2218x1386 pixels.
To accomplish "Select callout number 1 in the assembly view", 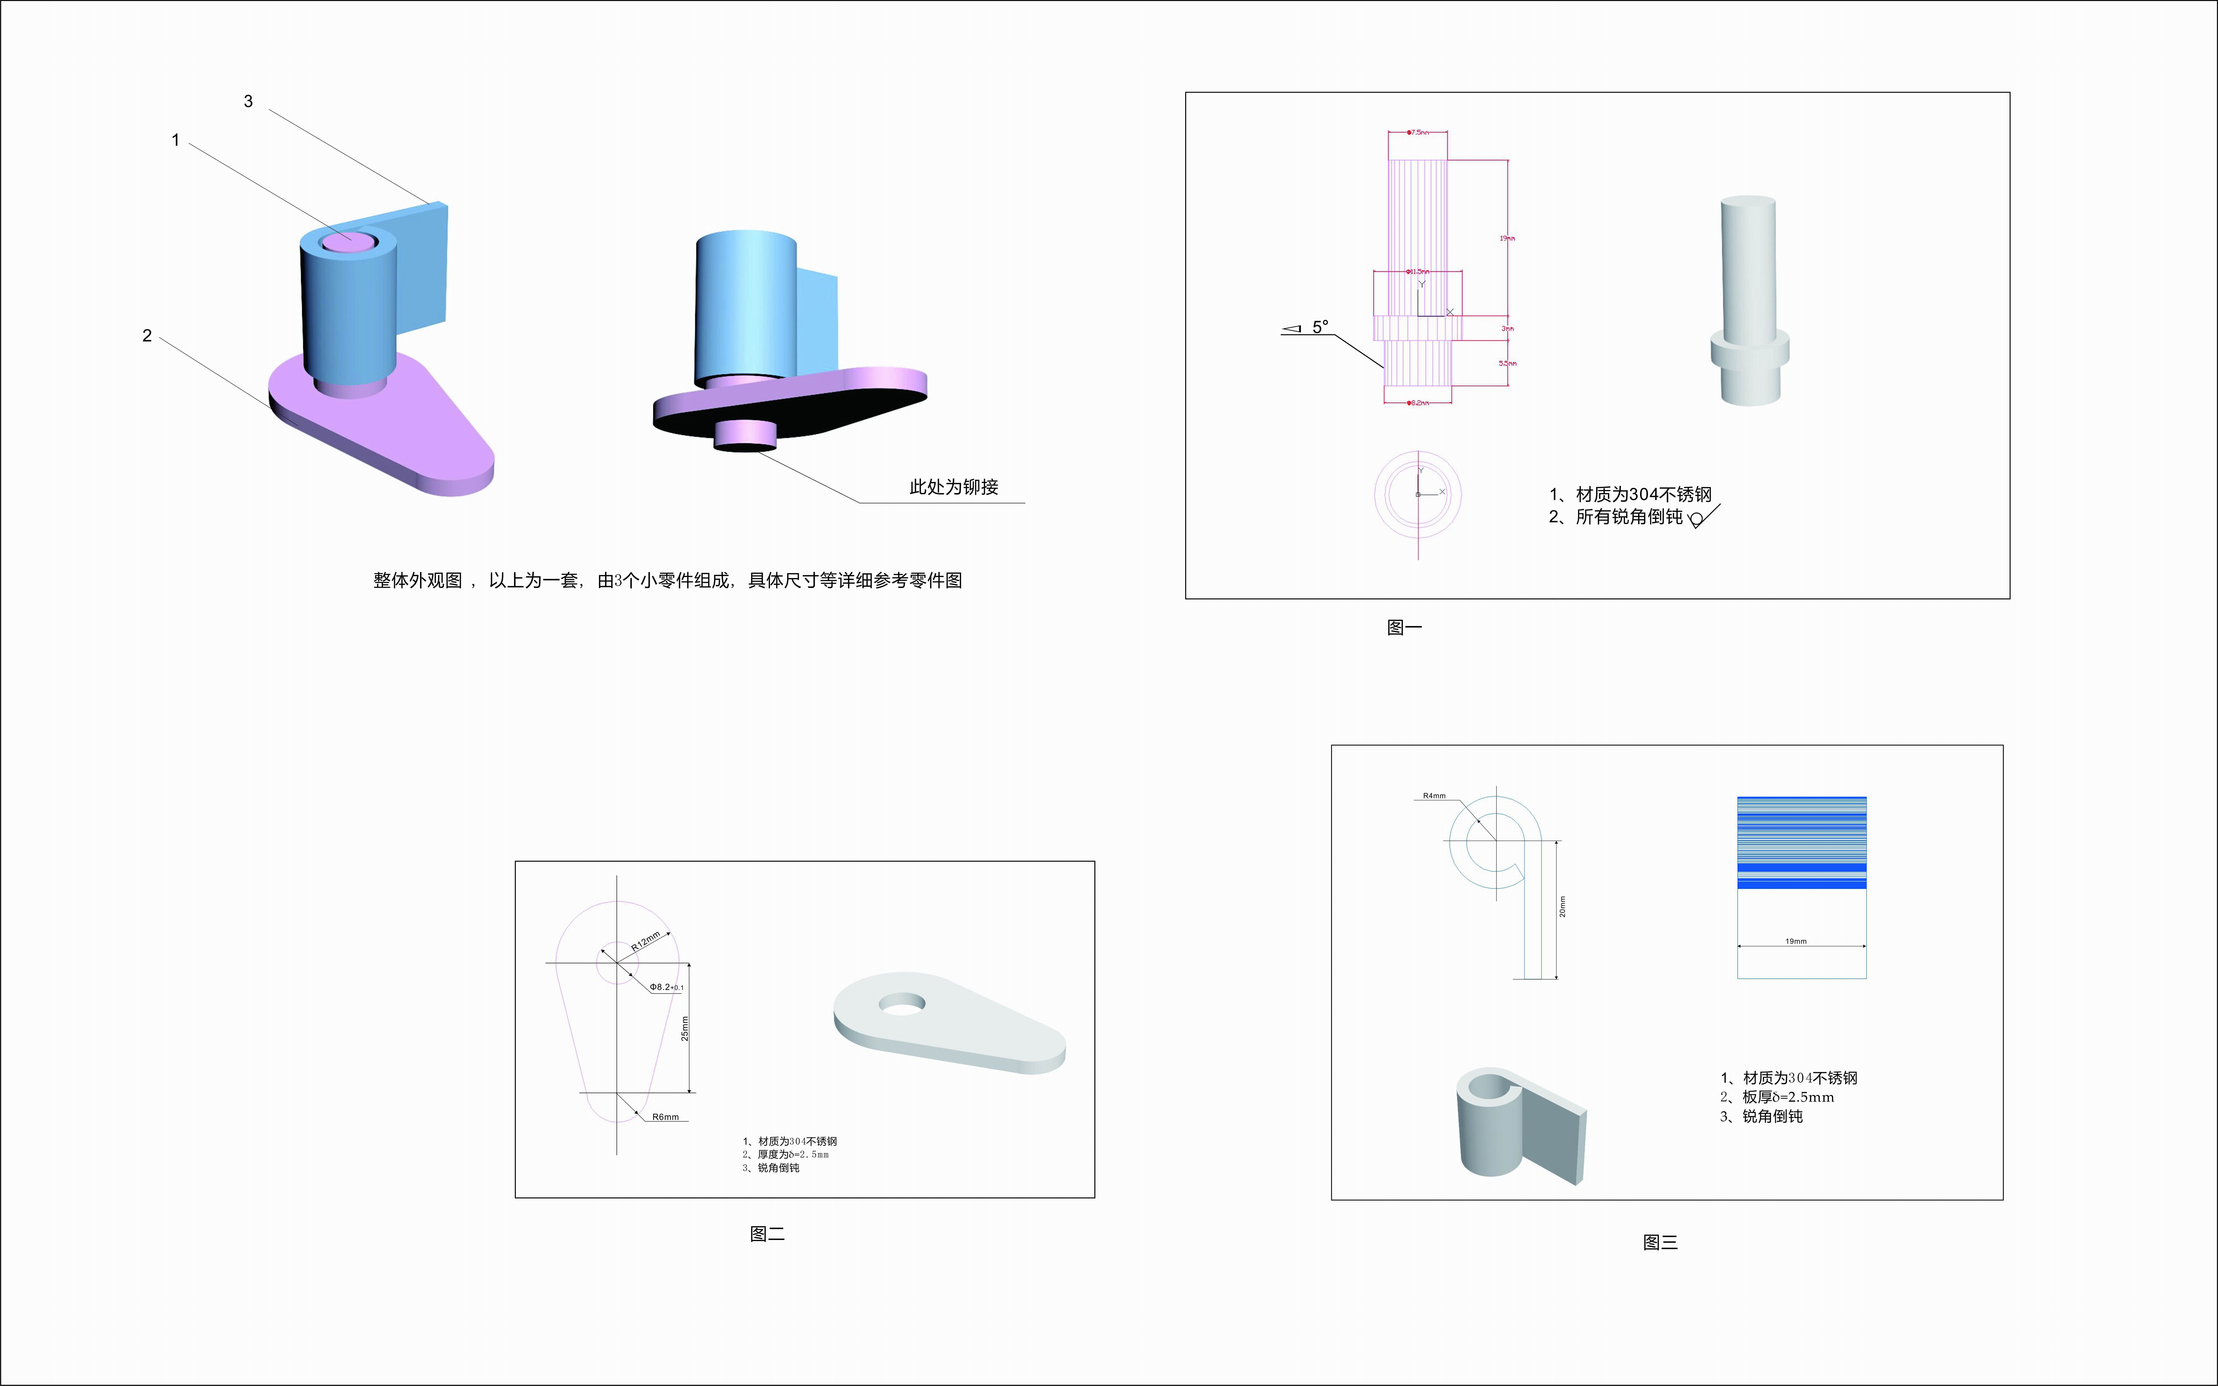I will pos(175,140).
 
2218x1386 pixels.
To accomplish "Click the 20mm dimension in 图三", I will pos(1563,907).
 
